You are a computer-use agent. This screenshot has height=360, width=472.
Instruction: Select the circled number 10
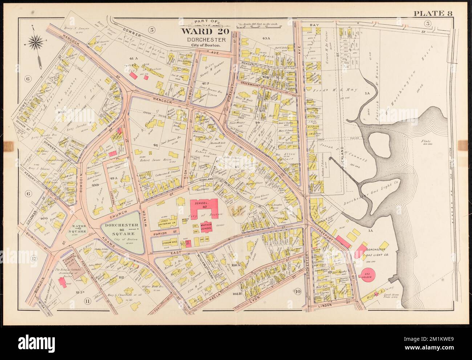pyautogui.click(x=297, y=291)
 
